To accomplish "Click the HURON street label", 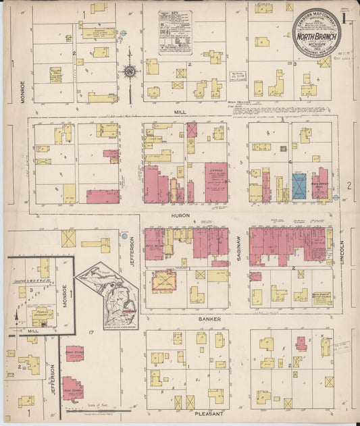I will (x=180, y=215).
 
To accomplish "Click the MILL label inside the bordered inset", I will (x=32, y=331).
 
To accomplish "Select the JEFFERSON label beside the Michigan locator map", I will (x=132, y=250).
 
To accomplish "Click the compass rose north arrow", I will (x=128, y=70).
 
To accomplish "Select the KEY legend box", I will (x=175, y=32).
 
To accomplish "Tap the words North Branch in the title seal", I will (x=316, y=30).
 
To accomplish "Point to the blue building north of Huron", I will (x=299, y=186).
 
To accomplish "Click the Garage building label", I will (x=217, y=172).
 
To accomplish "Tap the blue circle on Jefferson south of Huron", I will (x=124, y=236).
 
